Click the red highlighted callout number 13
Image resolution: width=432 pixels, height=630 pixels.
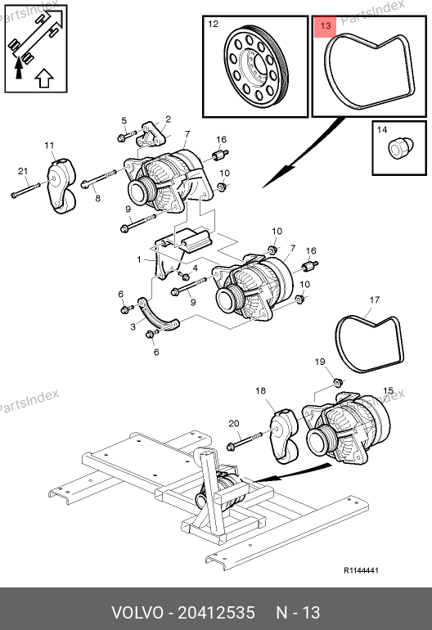(325, 26)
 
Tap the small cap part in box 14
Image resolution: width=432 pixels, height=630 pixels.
(401, 147)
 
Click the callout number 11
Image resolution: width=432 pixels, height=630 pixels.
(49, 145)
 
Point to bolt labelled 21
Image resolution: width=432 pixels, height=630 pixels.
(25, 190)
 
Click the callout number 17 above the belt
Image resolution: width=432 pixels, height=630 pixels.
(374, 299)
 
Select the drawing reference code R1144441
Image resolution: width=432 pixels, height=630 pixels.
(361, 570)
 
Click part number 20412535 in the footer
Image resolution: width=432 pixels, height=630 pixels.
(216, 613)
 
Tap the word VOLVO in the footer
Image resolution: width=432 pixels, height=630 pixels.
(137, 613)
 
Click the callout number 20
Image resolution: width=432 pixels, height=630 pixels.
(233, 424)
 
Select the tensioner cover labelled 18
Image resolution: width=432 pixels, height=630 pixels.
(284, 436)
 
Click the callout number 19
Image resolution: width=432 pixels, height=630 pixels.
(319, 362)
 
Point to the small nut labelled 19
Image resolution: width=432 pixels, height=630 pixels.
(339, 380)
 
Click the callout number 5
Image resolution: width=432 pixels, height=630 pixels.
(124, 120)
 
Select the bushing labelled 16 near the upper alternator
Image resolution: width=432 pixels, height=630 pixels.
(221, 155)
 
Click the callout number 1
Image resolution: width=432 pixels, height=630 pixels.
(139, 259)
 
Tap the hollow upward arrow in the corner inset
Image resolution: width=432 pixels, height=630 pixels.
(44, 78)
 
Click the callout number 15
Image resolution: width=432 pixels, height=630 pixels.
(388, 390)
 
